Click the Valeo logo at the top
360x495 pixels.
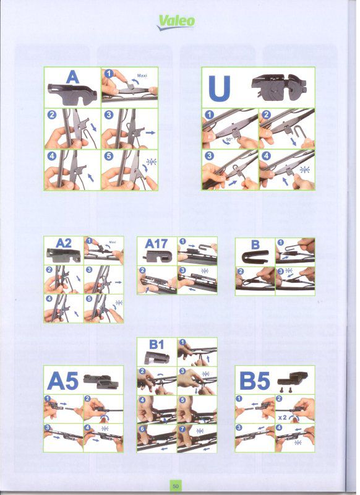point(176,22)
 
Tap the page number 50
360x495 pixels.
point(176,486)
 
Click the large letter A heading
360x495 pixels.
point(72,77)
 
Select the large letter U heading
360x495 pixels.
point(220,88)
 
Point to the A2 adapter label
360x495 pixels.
point(64,243)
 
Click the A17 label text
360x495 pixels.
point(156,244)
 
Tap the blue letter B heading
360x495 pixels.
point(255,244)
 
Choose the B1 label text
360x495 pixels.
point(156,345)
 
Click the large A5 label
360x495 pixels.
point(62,381)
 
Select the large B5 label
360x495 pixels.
point(255,381)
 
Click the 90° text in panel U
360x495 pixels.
point(229,139)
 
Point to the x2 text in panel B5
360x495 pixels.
point(283,417)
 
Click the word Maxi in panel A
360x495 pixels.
point(142,75)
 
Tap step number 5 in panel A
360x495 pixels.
point(108,156)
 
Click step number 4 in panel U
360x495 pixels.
point(267,156)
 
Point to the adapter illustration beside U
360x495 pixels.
point(279,87)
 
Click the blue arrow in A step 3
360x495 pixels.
point(150,132)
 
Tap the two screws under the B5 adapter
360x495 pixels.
point(285,390)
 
